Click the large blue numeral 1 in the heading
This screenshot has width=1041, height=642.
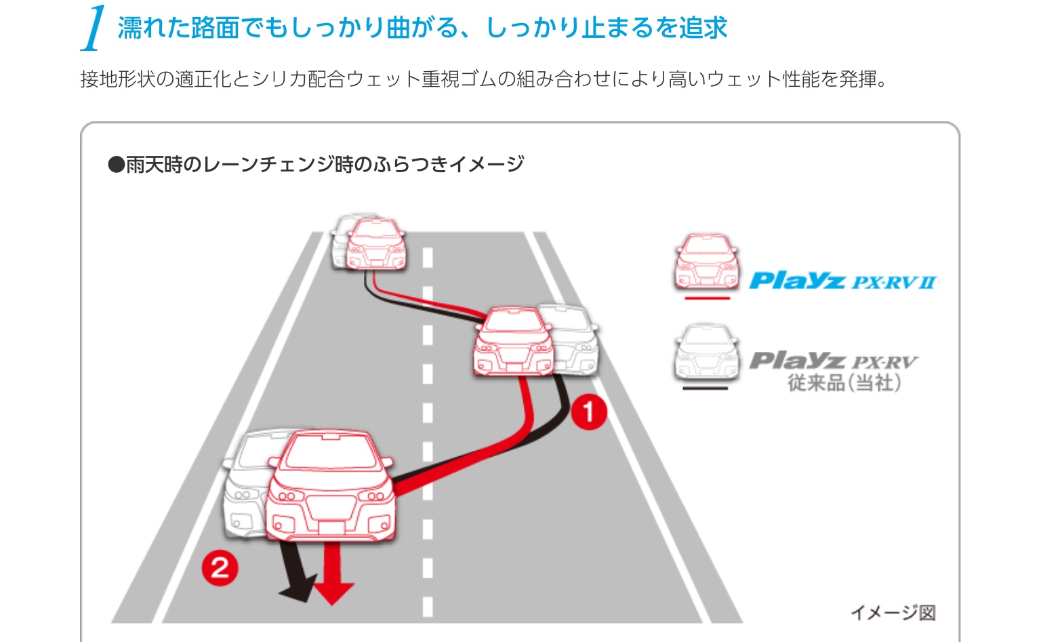(x=94, y=28)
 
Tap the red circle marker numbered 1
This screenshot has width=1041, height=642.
(x=588, y=411)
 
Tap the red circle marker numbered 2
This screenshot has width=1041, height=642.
(x=220, y=567)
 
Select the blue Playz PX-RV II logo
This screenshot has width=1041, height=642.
(x=842, y=281)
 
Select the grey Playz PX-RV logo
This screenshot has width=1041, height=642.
(x=833, y=361)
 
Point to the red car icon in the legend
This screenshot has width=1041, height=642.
(x=706, y=262)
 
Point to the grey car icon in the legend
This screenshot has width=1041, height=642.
(x=706, y=353)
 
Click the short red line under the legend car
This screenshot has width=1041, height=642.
(x=707, y=298)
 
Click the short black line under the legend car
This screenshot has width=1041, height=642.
(x=705, y=388)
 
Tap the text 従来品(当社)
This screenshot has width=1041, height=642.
(x=844, y=383)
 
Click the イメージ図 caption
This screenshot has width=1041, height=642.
(x=893, y=613)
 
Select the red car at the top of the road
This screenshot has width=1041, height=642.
(x=377, y=244)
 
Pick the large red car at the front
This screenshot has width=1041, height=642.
(x=330, y=485)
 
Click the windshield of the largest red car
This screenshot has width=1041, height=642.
(x=329, y=453)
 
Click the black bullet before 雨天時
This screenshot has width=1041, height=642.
(x=116, y=165)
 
